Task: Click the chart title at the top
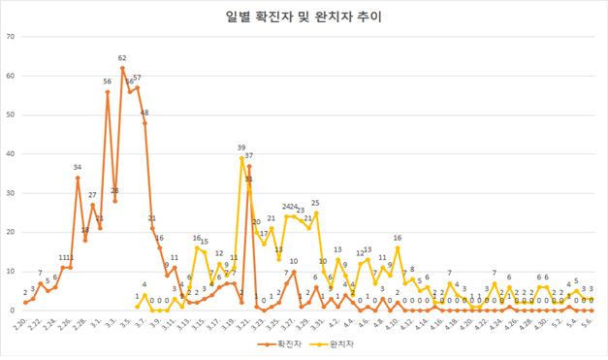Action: (x=304, y=17)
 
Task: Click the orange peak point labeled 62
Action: (x=122, y=68)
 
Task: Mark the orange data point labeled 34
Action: (x=78, y=178)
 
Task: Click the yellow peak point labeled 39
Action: (x=241, y=158)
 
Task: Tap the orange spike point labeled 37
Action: (x=249, y=166)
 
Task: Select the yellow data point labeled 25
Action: (x=316, y=213)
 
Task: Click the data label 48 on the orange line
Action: (x=144, y=113)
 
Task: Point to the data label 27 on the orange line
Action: (x=93, y=195)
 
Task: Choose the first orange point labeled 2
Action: (x=25, y=303)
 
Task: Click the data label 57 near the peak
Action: (x=138, y=78)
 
